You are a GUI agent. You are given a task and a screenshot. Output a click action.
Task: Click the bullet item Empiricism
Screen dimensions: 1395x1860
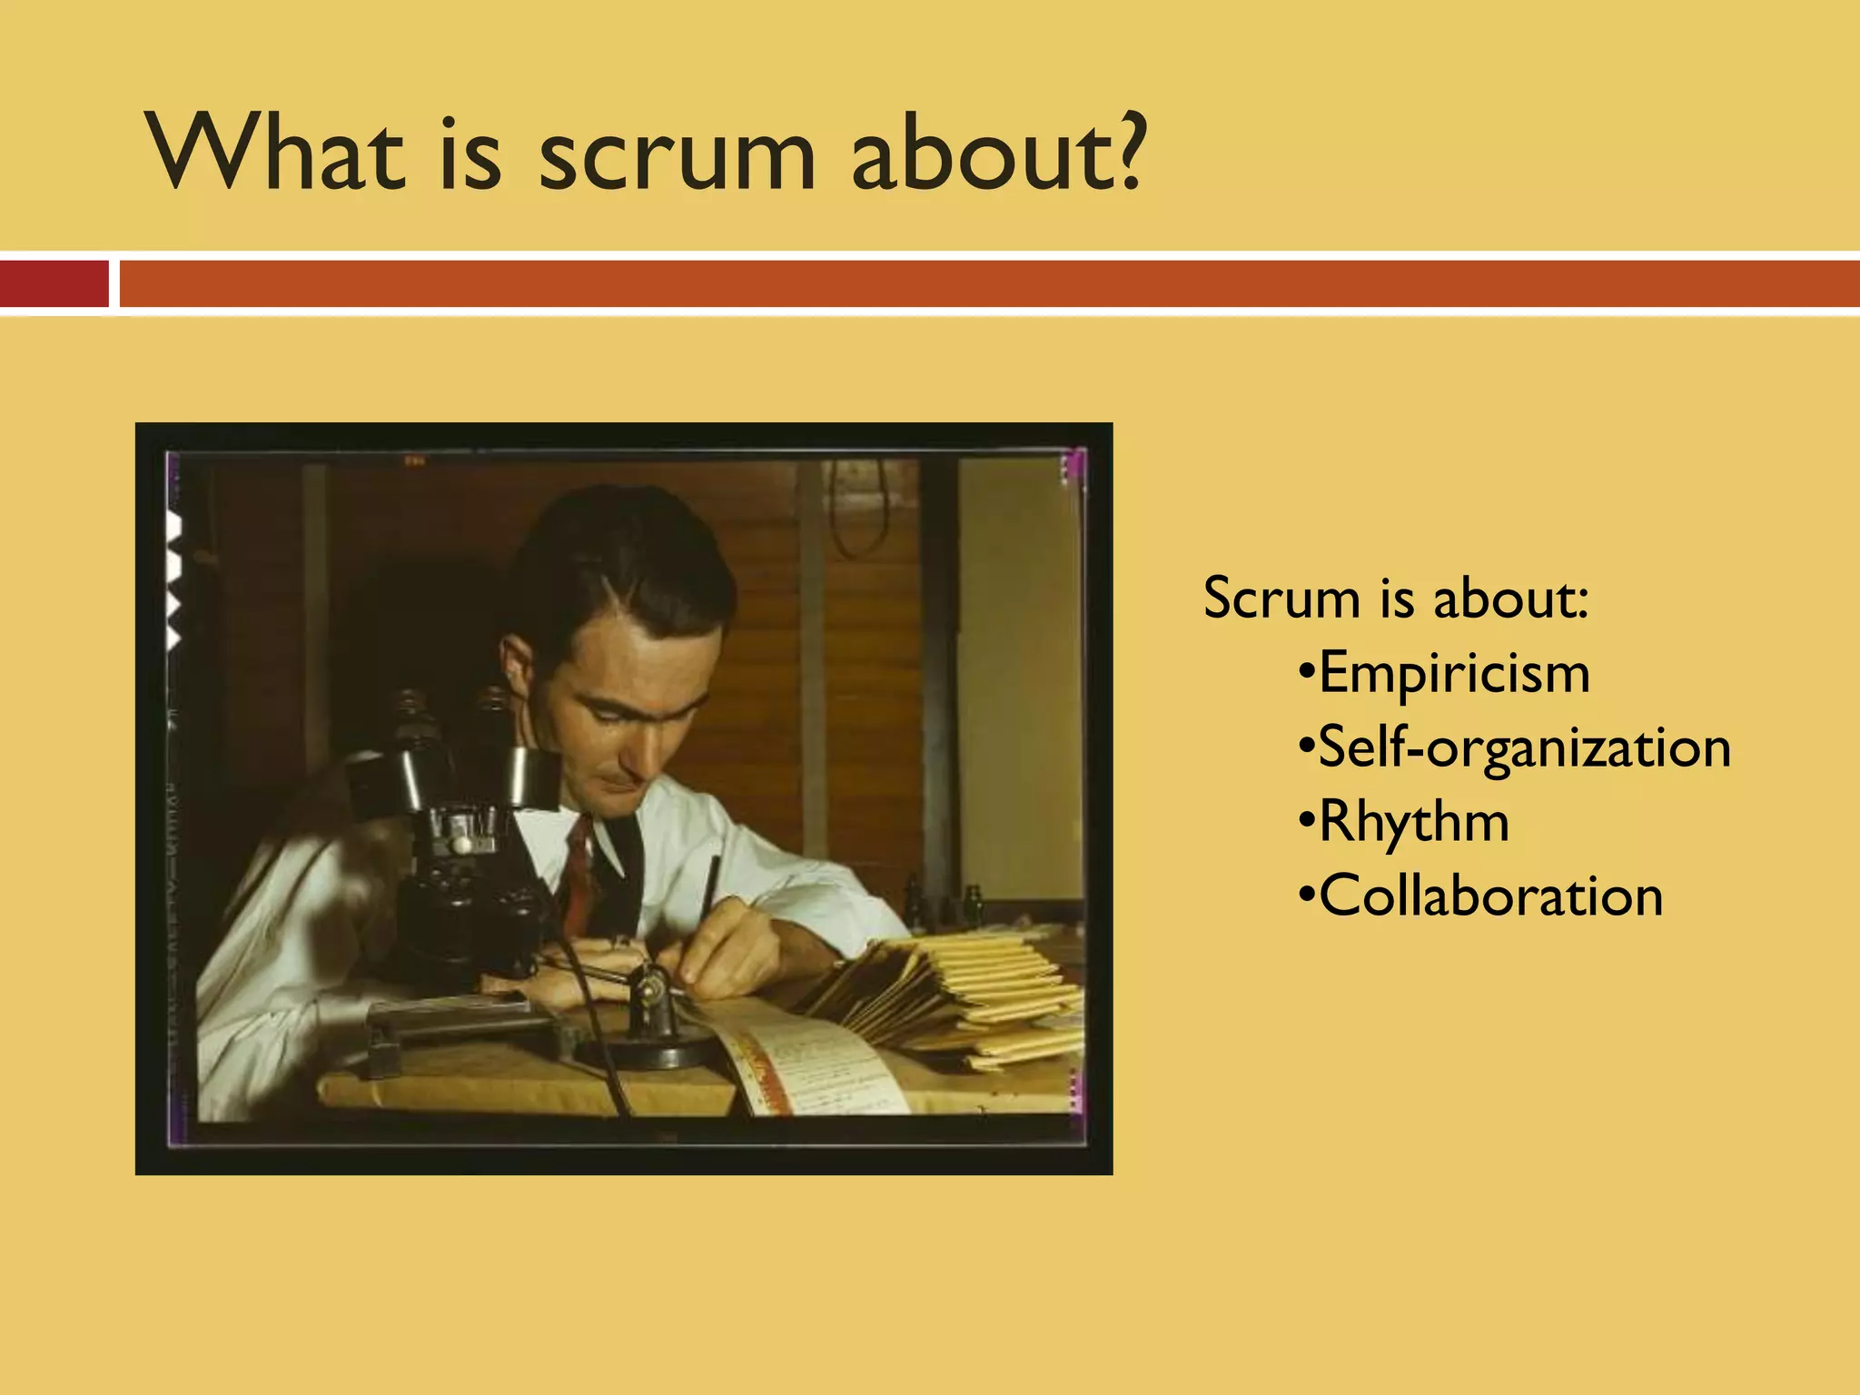(1453, 674)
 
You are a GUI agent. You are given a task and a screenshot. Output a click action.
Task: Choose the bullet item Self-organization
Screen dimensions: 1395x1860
(1524, 748)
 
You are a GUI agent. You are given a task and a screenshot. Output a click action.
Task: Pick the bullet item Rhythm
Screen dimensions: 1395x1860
(1413, 823)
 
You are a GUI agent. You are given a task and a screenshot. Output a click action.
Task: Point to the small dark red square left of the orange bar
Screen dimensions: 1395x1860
(54, 283)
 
